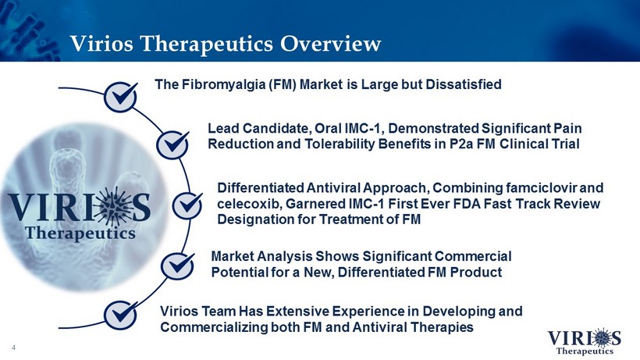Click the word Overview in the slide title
pyautogui.click(x=330, y=43)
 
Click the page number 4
pyautogui.click(x=14, y=348)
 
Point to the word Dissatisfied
pyautogui.click(x=464, y=84)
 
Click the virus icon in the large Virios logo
pyautogui.click(x=116, y=206)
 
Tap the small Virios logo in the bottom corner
pyautogui.click(x=584, y=340)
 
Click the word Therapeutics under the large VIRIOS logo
pyautogui.click(x=80, y=233)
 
